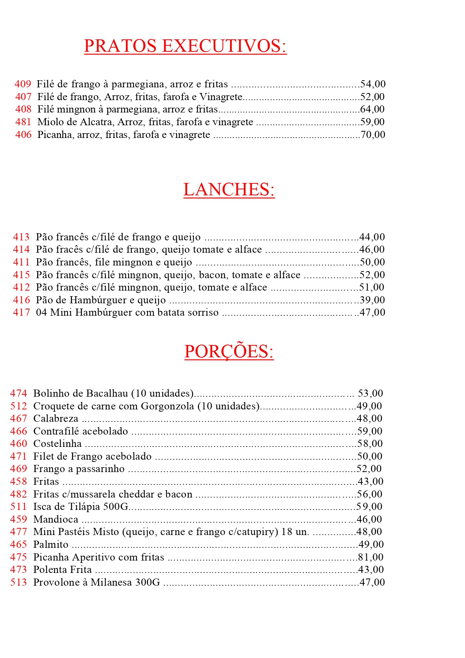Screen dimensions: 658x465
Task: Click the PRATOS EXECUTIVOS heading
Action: pos(185,46)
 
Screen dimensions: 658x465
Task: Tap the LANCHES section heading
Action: pos(229,190)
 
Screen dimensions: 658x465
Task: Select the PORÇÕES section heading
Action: pos(229,352)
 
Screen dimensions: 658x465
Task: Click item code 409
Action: pos(23,84)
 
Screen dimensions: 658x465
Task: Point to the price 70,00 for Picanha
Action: pos(373,135)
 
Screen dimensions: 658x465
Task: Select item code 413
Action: pos(21,237)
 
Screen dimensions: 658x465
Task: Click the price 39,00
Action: pos(372,300)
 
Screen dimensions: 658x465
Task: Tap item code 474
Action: pos(18,393)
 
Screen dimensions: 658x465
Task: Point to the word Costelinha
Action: pos(57,444)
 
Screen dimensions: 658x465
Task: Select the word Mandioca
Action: pos(56,519)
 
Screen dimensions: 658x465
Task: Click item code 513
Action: pos(18,582)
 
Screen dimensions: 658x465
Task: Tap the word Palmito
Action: pos(51,544)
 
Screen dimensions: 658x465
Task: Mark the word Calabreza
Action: pos(56,418)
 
